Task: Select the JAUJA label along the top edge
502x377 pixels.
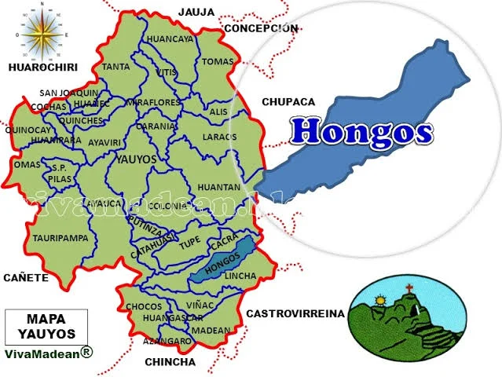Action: point(196,12)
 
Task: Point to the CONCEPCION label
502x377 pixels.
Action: point(261,28)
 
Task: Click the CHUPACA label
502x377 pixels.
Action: point(288,102)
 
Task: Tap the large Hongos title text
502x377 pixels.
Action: point(361,130)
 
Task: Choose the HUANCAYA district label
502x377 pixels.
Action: point(170,38)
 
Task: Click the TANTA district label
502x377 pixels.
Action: point(115,67)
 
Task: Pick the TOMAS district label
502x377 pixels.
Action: point(218,61)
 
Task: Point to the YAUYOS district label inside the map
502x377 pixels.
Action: point(136,159)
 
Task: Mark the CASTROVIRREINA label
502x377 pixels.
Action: point(295,313)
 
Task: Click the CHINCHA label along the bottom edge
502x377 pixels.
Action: point(170,362)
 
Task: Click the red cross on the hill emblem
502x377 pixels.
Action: point(409,288)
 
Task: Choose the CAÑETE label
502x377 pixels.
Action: point(26,277)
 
